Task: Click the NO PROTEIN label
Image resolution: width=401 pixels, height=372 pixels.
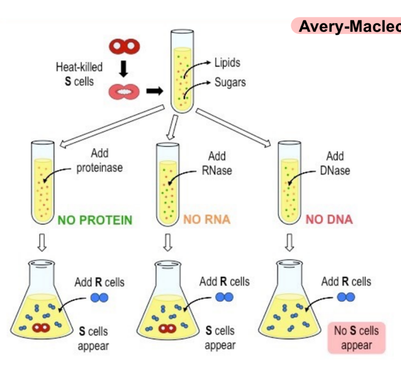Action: click(x=95, y=219)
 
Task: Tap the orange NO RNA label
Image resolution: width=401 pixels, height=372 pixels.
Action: click(x=207, y=219)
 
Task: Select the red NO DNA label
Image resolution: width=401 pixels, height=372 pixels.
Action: click(x=329, y=219)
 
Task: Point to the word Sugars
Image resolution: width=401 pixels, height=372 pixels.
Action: click(x=230, y=82)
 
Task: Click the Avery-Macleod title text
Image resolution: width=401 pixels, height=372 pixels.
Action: click(x=348, y=26)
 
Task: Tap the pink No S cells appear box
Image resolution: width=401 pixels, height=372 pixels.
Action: click(x=356, y=338)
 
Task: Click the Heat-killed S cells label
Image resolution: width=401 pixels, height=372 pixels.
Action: click(x=79, y=74)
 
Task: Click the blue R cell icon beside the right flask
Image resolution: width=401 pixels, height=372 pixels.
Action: click(x=346, y=297)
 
